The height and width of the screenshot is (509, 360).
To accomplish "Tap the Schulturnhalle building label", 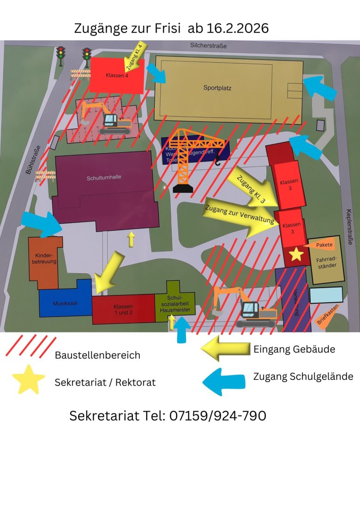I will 104,177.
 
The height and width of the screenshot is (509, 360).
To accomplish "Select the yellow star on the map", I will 296,253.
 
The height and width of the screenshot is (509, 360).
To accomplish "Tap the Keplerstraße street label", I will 349,228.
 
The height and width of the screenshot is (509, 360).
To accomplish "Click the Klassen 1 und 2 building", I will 123,309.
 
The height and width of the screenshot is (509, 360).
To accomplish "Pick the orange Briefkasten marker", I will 328,316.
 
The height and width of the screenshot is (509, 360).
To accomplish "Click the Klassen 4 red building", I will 117,75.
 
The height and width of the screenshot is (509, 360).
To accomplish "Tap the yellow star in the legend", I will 29,379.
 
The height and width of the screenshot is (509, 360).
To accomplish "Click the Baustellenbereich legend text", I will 97,355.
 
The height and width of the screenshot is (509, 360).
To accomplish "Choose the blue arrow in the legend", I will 224,381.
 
